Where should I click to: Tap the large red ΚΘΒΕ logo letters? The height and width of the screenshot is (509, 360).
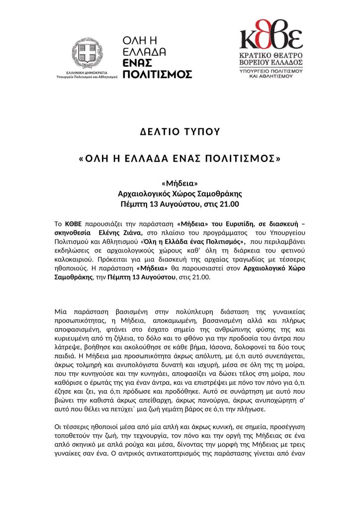pos(271,37)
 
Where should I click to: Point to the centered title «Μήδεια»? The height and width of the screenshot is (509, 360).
pos(180,184)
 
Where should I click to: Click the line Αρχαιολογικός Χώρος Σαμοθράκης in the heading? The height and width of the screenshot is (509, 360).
pos(180,194)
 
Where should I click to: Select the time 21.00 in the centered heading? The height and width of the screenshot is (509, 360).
pos(229,204)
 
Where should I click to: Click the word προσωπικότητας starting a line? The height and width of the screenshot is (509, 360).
pos(81,321)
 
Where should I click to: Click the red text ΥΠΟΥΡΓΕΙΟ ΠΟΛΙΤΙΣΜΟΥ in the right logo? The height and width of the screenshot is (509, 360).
pos(271,73)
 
